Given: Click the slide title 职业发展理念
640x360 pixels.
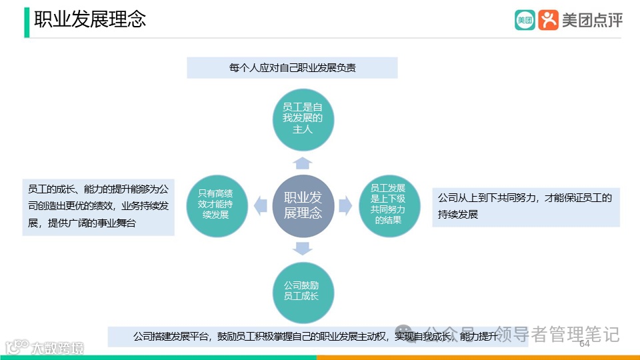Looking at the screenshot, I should [90, 19].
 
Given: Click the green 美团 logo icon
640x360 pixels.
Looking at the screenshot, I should [525, 20].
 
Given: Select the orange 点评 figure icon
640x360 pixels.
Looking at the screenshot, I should [548, 20].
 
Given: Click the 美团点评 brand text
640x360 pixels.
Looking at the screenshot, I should [592, 20].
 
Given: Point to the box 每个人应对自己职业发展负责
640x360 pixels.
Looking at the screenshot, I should [292, 68].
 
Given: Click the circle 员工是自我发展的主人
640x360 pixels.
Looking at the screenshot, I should [303, 118].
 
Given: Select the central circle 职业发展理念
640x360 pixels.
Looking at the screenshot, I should [303, 205].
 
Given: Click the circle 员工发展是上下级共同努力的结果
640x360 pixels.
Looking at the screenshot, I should [389, 204].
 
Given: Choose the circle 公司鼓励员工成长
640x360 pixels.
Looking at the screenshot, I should [303, 291].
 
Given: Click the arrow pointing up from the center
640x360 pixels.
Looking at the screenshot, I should [303, 163].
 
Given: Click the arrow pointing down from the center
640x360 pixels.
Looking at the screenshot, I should [303, 248].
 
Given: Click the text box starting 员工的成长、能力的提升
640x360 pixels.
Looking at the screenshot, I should [99, 206].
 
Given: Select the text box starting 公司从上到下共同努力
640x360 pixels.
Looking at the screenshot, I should [525, 206].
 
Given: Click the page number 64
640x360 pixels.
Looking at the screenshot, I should [585, 344].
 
